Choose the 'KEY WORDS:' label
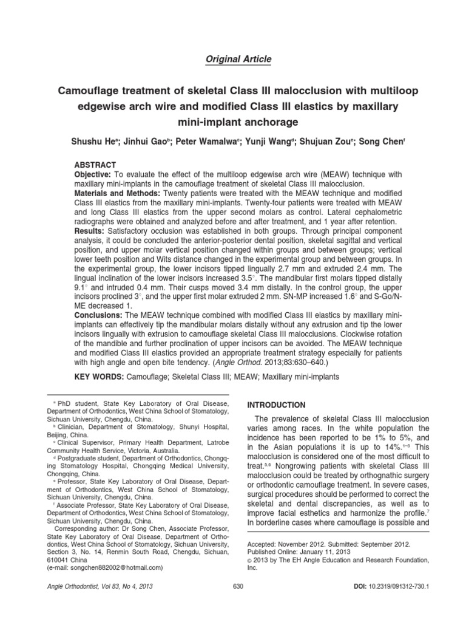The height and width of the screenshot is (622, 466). pyautogui.click(x=98, y=377)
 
